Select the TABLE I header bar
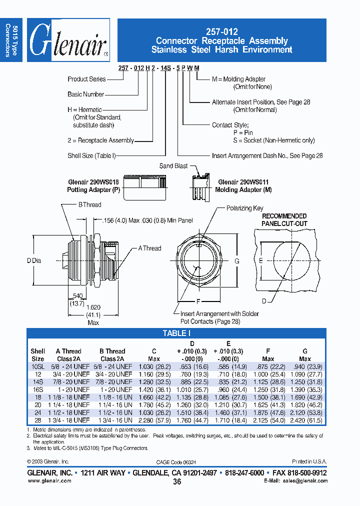click(176, 333)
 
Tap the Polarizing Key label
click(245, 208)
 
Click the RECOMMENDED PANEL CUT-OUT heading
click(284, 219)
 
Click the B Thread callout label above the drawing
click(89, 204)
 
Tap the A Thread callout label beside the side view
click(149, 248)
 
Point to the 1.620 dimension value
click(93, 308)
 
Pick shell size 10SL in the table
click(38, 366)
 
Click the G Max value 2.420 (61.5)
click(304, 420)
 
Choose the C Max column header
click(154, 355)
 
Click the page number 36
click(177, 481)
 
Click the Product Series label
click(86, 79)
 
